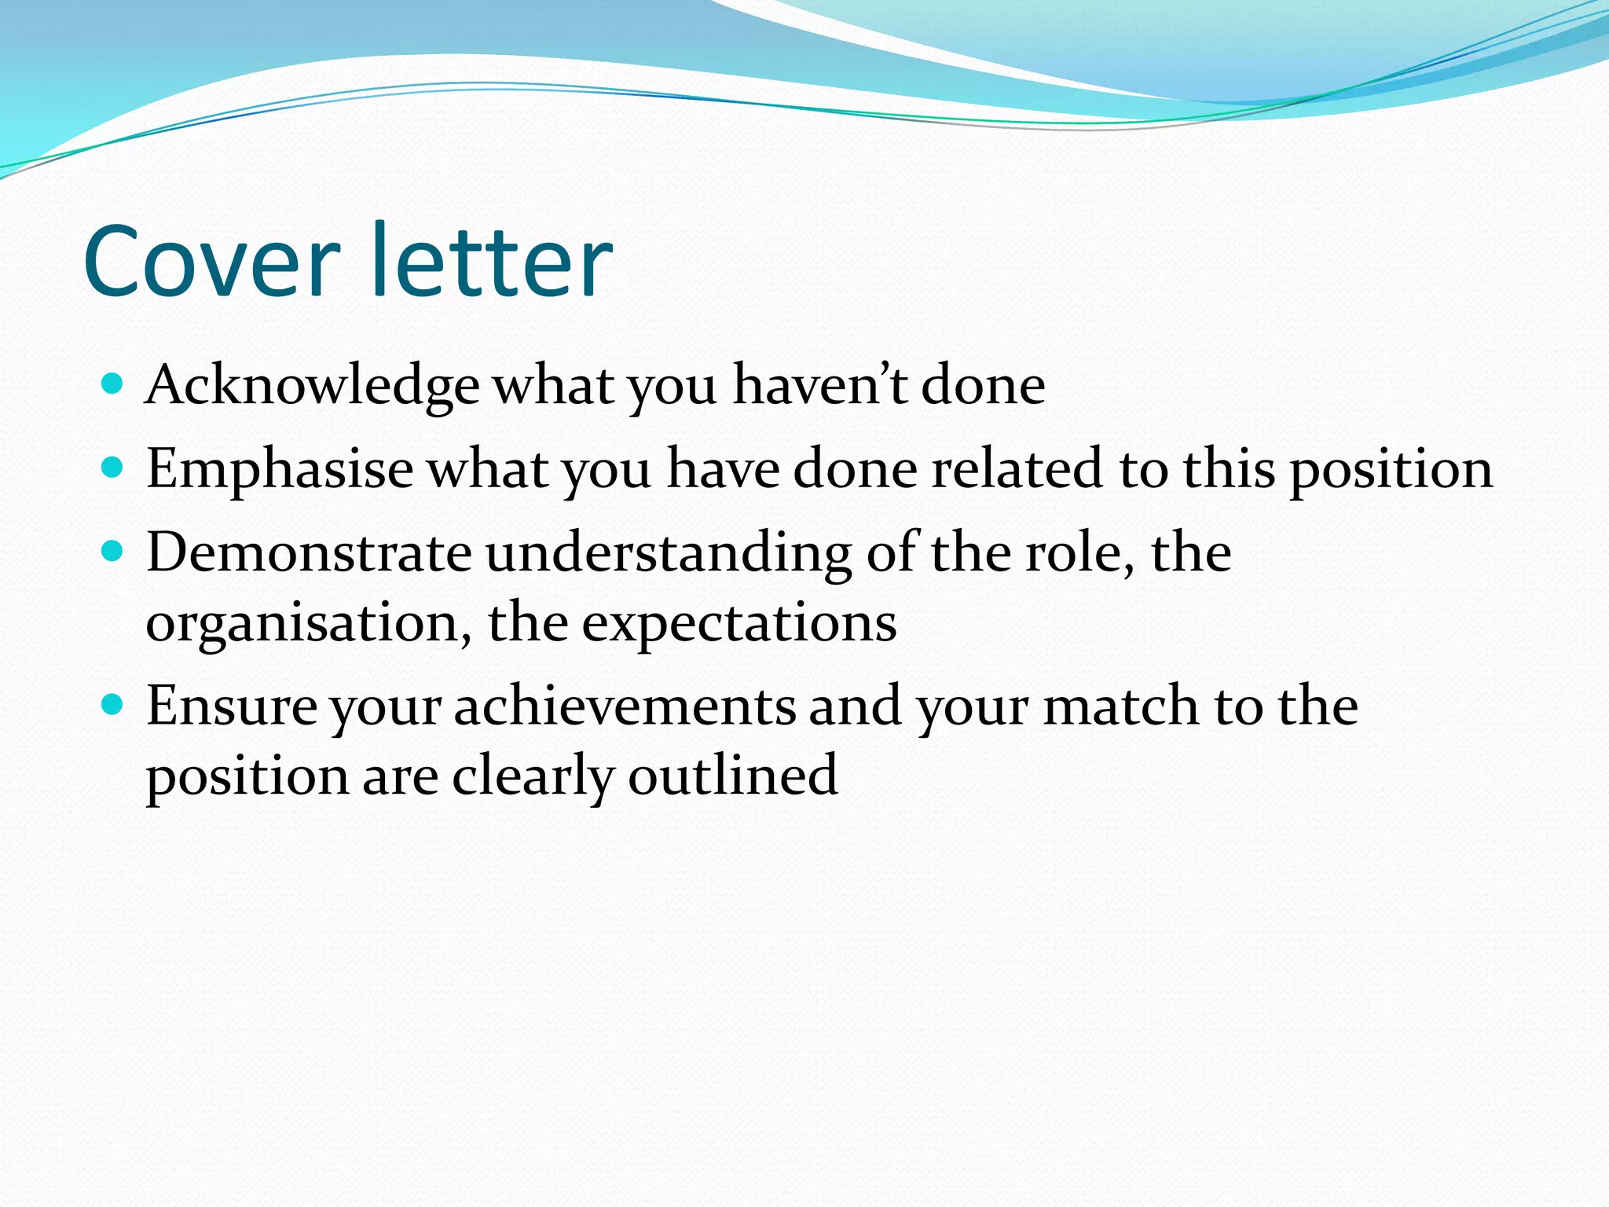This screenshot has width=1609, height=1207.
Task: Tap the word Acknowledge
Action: click(x=312, y=387)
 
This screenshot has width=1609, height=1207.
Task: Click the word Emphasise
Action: click(x=280, y=469)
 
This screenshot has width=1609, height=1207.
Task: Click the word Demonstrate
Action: click(x=309, y=552)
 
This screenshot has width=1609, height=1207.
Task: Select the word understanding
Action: click(x=669, y=554)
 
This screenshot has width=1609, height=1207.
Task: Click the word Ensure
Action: click(x=232, y=706)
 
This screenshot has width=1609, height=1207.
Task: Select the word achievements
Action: click(x=625, y=706)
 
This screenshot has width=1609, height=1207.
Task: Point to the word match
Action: click(x=1120, y=706)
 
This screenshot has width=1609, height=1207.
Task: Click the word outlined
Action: click(x=733, y=776)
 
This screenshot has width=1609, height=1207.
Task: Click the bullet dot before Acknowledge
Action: click(x=113, y=384)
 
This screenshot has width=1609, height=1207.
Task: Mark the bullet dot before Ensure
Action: click(x=113, y=704)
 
